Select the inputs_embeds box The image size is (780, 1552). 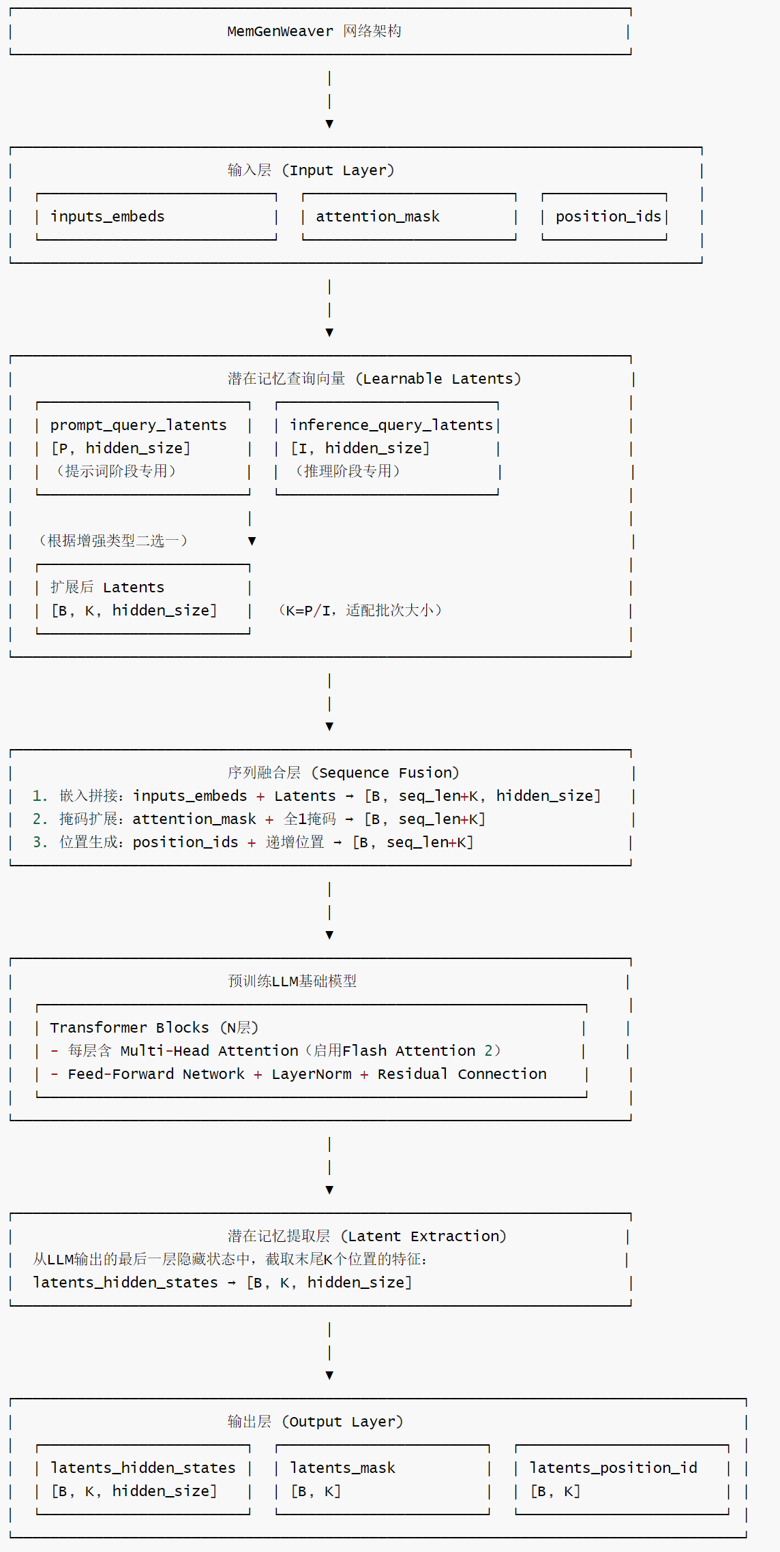click(x=156, y=217)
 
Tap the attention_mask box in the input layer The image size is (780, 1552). click(x=408, y=217)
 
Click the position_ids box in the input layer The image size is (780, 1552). click(x=604, y=217)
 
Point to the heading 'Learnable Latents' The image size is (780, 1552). click(x=441, y=379)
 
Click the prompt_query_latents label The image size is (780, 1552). click(x=138, y=425)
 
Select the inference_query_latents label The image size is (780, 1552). click(x=391, y=425)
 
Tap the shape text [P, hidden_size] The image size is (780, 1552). click(x=121, y=448)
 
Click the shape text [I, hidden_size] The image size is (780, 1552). click(x=360, y=448)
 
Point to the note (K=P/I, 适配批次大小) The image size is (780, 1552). click(x=360, y=611)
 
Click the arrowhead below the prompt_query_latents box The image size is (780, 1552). click(x=252, y=541)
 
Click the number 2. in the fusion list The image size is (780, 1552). click(x=40, y=819)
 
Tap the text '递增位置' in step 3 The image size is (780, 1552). click(x=295, y=842)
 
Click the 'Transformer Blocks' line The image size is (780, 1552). click(x=153, y=1028)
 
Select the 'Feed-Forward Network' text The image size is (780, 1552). click(x=155, y=1074)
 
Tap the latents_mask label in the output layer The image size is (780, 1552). click(x=342, y=1468)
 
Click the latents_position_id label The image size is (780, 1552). click(x=613, y=1468)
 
